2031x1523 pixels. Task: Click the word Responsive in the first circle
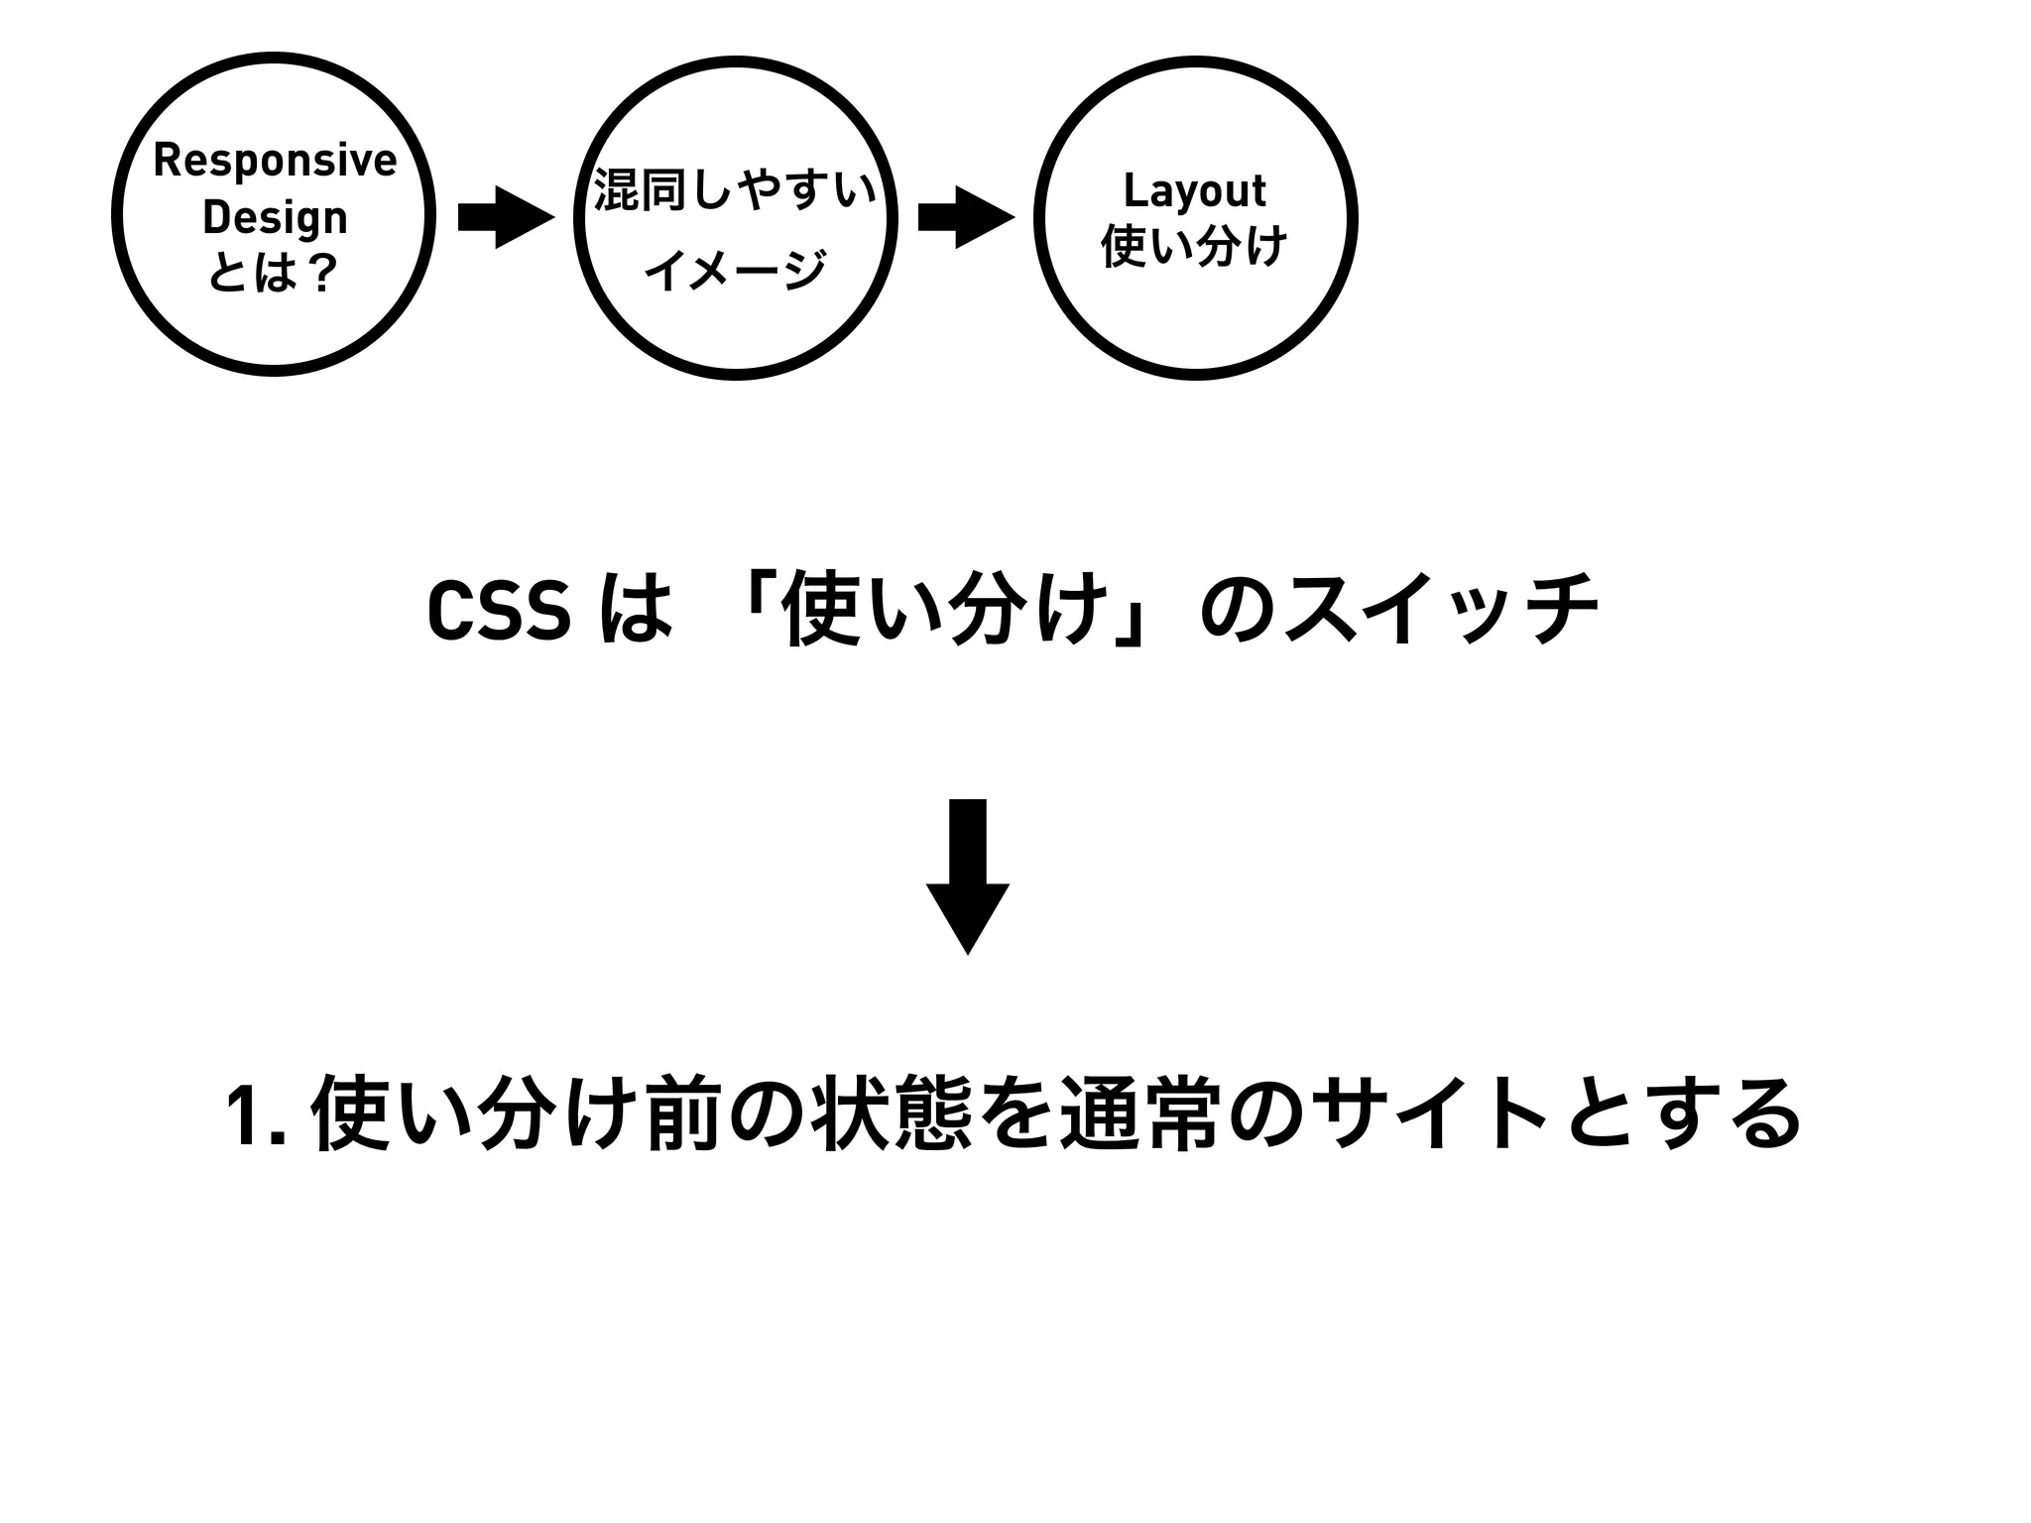coord(275,161)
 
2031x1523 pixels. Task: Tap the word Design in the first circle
coord(275,218)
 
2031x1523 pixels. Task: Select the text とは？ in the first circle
coord(274,273)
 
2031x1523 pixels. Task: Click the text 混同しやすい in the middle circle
coord(735,190)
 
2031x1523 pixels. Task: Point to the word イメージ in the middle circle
coord(735,270)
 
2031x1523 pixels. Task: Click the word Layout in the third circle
coord(1194,190)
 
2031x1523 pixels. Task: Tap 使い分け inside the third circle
coord(1194,246)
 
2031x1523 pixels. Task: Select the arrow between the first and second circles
coord(506,217)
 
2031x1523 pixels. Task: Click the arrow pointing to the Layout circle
coord(966,217)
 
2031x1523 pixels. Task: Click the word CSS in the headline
coord(499,611)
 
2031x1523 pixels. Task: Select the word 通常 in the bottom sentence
coord(1138,1114)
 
